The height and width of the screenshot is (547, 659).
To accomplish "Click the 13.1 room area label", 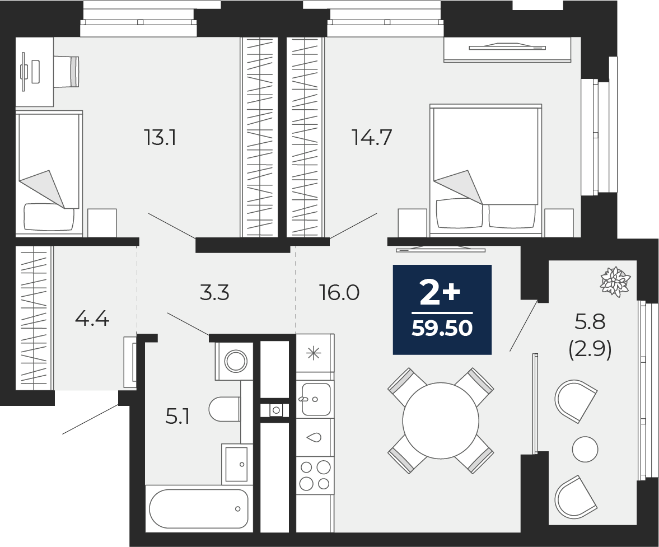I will [161, 137].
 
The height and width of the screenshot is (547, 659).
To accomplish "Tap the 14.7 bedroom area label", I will [371, 137].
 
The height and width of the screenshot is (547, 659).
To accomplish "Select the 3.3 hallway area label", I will [215, 292].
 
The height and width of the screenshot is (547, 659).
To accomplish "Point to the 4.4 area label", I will [92, 319].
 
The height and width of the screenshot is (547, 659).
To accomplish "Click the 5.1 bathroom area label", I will [177, 417].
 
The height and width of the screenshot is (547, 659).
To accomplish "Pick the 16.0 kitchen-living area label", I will [339, 292].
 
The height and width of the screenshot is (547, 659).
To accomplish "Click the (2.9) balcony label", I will [590, 350].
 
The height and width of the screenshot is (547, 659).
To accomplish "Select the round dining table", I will [441, 421].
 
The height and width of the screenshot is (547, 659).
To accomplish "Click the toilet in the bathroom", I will [224, 409].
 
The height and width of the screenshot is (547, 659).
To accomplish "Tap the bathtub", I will [199, 508].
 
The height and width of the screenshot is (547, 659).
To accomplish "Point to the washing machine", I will [235, 361].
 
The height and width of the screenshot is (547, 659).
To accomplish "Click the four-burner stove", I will [315, 475].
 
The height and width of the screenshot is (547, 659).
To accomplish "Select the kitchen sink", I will [315, 399].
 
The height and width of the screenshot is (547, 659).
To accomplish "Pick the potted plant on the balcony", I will [615, 281].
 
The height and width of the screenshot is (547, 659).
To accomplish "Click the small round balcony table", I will [585, 448].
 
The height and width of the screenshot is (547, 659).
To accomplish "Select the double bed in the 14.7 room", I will [485, 168].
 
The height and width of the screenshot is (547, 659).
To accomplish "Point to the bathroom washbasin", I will [236, 463].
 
